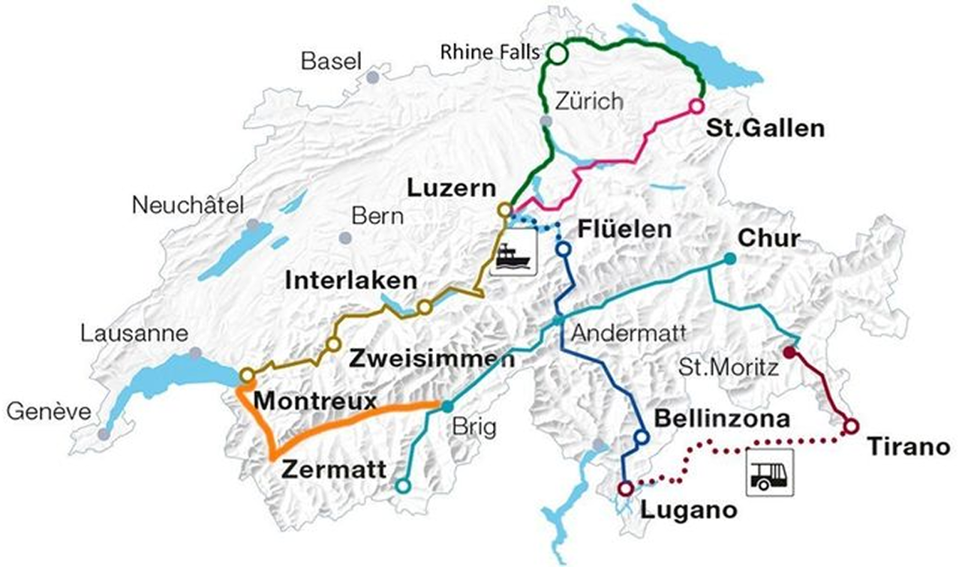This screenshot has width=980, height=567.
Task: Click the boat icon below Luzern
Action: click(x=514, y=253)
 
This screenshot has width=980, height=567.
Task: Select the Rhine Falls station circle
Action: click(x=558, y=54)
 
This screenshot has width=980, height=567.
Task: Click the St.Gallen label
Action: click(x=765, y=128)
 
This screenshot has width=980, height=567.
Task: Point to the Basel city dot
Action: click(x=373, y=77)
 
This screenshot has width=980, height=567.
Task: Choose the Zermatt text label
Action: click(x=335, y=470)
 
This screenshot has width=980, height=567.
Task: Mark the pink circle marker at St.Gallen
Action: click(x=696, y=106)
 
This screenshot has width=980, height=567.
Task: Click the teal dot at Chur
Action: click(x=729, y=259)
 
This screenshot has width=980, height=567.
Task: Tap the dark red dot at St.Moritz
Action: click(x=789, y=352)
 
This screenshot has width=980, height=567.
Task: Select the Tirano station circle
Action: click(x=850, y=426)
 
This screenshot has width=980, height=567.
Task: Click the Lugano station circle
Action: click(x=625, y=488)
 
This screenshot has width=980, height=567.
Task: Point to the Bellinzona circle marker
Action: click(x=641, y=436)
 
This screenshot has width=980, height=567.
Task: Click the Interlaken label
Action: click(x=351, y=281)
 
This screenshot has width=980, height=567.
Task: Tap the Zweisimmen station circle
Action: click(x=332, y=344)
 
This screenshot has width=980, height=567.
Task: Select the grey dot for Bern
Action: click(x=344, y=238)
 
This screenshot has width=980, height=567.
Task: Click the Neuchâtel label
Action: click(x=189, y=204)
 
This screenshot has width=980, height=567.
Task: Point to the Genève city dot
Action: click(x=104, y=434)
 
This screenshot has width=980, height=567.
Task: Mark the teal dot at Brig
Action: click(x=447, y=406)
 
